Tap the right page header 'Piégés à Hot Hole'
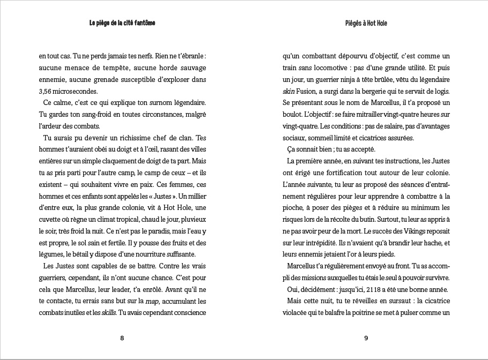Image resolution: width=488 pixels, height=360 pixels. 366,24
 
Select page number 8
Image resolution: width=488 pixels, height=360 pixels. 122,338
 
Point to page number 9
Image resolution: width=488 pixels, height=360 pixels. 366,338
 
